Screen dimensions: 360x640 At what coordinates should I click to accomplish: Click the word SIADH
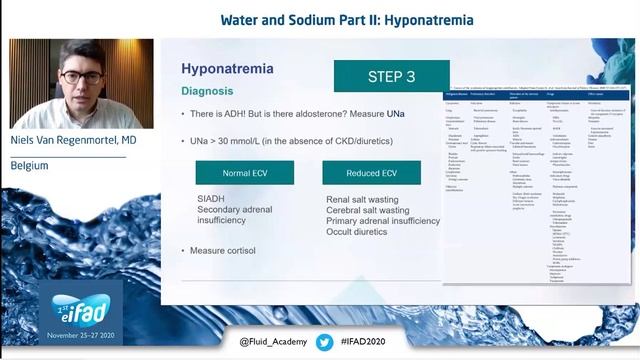tap(214, 199)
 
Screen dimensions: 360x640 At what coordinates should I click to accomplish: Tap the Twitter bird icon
tap(324, 342)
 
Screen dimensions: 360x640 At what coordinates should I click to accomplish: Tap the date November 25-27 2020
tap(59, 338)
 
